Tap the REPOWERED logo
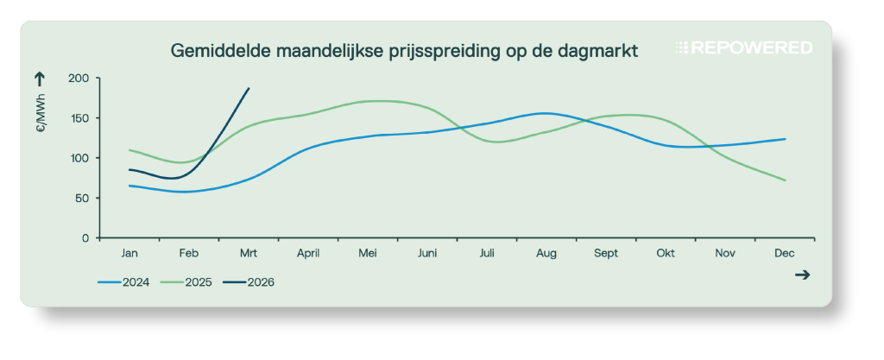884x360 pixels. [743, 48]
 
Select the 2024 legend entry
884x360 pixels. [124, 281]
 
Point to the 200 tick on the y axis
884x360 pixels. [79, 79]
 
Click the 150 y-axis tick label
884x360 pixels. [79, 118]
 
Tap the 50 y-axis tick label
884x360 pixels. [82, 198]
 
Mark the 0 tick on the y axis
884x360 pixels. [85, 237]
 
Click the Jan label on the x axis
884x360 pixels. [129, 253]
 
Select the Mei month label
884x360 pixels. [368, 253]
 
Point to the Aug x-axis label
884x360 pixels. [546, 253]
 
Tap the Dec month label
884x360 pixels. [785, 253]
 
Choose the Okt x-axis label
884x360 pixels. [666, 253]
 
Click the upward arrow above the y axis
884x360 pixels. [39, 79]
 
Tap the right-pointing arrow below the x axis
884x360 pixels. [802, 275]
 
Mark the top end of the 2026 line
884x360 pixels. [249, 88]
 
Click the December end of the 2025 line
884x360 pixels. [785, 180]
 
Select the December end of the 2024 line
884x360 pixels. [785, 139]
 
